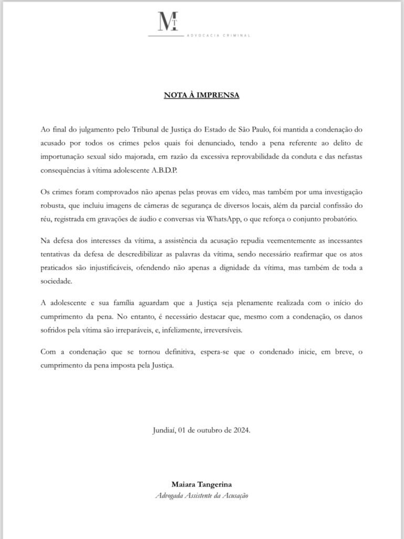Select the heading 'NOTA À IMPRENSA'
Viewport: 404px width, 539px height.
(202, 95)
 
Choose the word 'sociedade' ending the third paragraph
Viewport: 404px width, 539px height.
(56, 281)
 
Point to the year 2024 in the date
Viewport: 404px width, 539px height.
(241, 430)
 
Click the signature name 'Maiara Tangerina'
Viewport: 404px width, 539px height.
(202, 484)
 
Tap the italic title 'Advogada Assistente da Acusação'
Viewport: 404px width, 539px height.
(202, 495)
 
